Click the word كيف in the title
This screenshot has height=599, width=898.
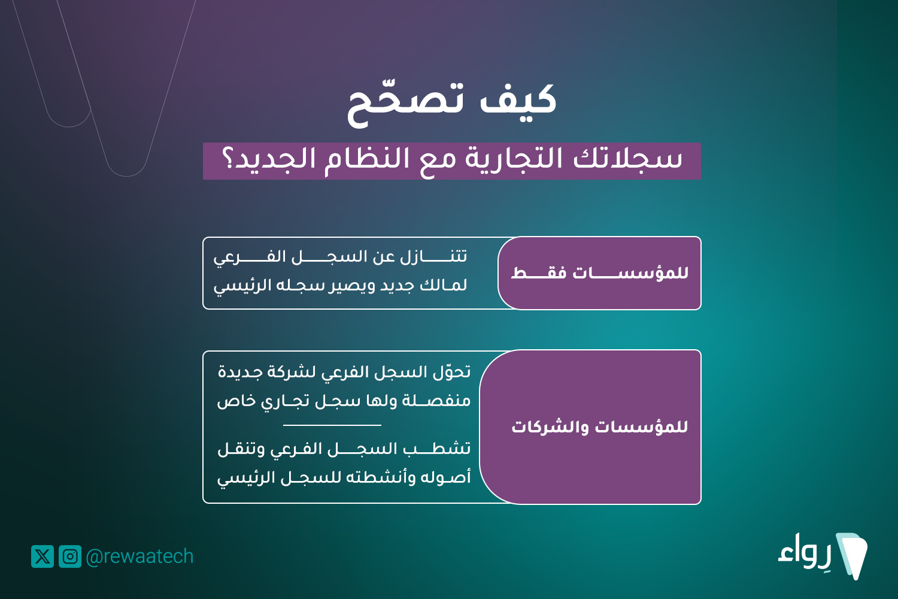point(518,99)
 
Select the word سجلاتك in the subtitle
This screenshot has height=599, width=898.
point(628,159)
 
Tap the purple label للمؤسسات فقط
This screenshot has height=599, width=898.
point(599,273)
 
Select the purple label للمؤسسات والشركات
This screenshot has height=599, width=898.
point(590,427)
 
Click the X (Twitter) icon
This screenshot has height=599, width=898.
point(43,556)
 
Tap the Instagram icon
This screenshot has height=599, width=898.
point(70,556)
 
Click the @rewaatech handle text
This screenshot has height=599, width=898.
point(139,556)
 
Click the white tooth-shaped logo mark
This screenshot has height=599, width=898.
point(853,556)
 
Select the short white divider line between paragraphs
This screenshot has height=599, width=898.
point(332,425)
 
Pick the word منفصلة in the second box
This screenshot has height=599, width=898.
point(436,401)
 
